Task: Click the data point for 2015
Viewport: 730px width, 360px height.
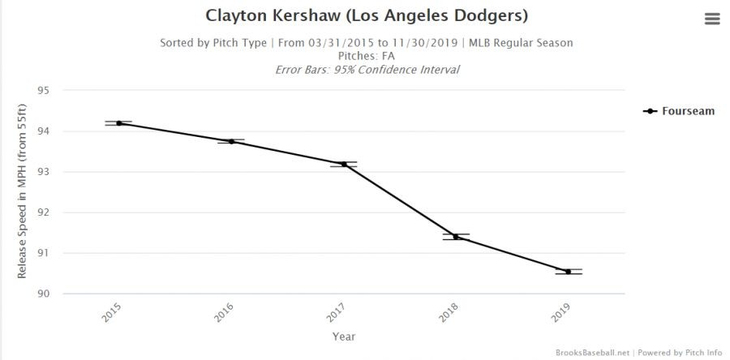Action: [119, 123]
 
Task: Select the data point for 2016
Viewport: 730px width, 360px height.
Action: [231, 141]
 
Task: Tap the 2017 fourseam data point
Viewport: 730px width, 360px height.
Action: [344, 165]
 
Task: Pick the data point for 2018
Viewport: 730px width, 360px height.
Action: [456, 237]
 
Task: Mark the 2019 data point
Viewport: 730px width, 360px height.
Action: [568, 272]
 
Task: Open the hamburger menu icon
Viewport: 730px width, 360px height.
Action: [712, 19]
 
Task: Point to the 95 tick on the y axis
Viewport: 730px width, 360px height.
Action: [44, 91]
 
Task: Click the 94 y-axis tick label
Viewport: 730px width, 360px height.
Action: [44, 131]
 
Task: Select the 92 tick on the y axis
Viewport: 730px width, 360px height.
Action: [44, 212]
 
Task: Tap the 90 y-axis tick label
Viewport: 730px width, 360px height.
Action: [44, 294]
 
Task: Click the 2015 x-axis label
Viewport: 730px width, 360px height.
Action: [113, 313]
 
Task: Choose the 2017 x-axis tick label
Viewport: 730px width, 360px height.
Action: [337, 313]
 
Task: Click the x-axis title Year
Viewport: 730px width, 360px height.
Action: [343, 336]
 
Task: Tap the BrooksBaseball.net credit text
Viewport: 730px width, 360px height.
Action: [593, 353]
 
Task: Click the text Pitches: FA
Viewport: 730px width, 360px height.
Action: [367, 56]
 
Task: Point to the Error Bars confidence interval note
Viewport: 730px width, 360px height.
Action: [367, 70]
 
